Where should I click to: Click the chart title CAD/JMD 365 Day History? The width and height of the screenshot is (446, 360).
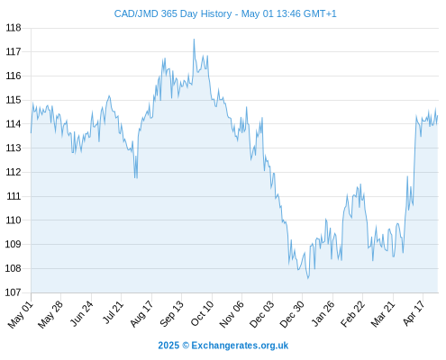173,13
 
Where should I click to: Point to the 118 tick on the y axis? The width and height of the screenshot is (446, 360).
14,28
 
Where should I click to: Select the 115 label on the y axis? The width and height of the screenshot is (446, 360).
14,100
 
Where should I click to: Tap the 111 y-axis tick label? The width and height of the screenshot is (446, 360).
14,196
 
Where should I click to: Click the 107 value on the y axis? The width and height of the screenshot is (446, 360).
14,292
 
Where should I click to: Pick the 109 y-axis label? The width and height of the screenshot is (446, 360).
14,244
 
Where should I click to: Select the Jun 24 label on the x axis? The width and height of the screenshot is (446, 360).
81,313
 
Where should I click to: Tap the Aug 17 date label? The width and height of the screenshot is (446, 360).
141,313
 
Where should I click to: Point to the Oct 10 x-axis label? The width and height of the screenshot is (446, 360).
202,313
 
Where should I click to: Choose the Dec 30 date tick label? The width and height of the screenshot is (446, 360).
292,314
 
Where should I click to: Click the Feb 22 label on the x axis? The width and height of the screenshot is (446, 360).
352,313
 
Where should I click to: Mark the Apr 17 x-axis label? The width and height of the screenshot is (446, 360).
414,313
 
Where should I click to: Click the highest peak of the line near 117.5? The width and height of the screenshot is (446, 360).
194,40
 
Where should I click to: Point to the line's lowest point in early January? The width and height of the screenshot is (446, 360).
308,278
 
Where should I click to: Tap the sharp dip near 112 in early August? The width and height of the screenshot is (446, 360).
136,177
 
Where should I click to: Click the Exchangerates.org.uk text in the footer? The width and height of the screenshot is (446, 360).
240,346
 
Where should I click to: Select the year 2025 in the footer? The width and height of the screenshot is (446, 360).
168,346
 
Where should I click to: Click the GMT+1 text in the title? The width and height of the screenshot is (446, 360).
320,13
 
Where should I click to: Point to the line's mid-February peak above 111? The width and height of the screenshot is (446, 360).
360,184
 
